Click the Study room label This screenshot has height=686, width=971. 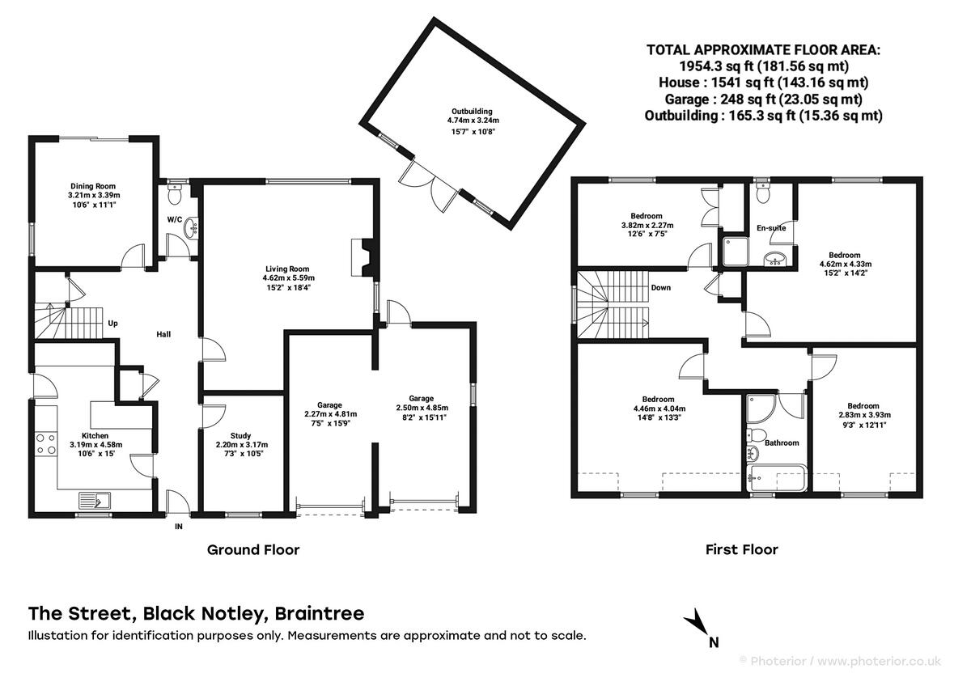point(241,435)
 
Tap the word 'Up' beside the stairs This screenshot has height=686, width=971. point(113,324)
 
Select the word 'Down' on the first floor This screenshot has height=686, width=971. point(660,287)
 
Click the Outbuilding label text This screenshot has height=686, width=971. point(472,112)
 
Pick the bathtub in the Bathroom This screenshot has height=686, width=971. point(776,476)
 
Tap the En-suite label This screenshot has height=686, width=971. point(771,228)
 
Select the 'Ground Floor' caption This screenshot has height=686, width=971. point(253,550)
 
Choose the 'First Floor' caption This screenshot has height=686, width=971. point(742,550)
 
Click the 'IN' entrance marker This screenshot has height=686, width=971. point(179,527)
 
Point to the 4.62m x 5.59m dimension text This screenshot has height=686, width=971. point(287,278)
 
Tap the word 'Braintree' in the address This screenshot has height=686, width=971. point(320,613)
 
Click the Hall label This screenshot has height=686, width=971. point(163,334)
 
